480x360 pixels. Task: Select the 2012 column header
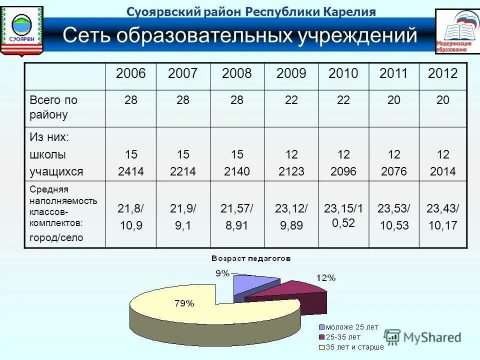[x=442, y=74]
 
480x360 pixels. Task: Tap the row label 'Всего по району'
[x=53, y=107]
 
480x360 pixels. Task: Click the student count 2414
[x=130, y=171]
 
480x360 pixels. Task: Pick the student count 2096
[x=343, y=171]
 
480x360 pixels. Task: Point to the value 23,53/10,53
[x=393, y=217]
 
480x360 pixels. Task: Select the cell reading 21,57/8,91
[x=237, y=217]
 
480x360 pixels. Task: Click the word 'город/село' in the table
[x=56, y=238]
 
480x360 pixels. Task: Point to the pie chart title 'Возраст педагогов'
[x=250, y=258]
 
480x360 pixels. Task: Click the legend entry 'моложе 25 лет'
[x=352, y=327]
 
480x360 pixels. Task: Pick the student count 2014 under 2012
[x=442, y=171]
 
